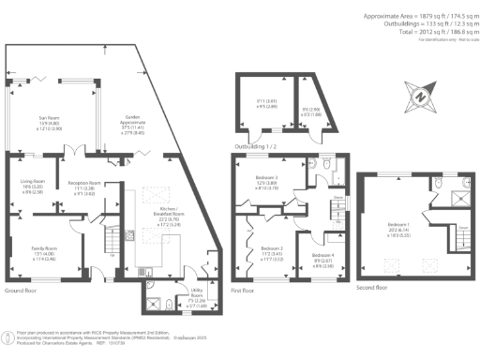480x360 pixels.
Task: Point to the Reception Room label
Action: pos(83,187)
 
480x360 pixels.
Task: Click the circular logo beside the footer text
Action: pos(8,336)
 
